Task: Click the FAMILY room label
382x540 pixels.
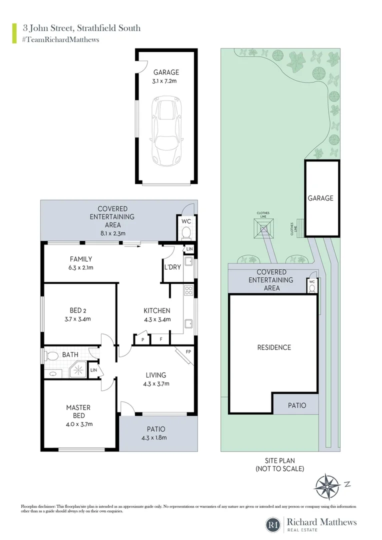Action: coord(80,259)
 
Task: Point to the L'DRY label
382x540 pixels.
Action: coord(172,267)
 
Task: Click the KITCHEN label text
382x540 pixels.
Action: coord(157,310)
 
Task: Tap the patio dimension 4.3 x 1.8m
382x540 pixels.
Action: coord(155,437)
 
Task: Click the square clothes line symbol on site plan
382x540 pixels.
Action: coord(263,228)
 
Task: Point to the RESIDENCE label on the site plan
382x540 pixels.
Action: coord(274,347)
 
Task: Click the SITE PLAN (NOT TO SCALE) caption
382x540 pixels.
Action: coord(279,464)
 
